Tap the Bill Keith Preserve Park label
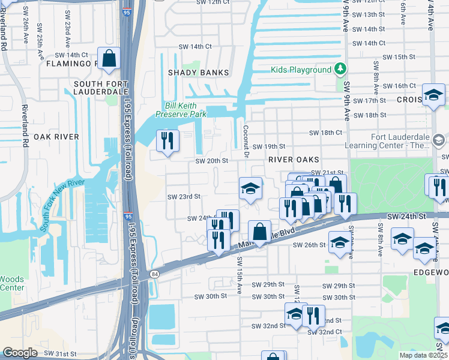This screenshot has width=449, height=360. [181, 109]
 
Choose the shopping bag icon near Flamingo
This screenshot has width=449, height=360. [109, 59]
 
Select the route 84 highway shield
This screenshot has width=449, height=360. [155, 274]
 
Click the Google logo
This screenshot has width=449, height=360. [20, 353]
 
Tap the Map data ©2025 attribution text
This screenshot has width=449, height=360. [423, 355]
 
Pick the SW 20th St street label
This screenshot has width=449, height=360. [212, 160]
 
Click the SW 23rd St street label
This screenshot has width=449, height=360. [183, 196]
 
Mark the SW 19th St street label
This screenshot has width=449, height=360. [268, 146]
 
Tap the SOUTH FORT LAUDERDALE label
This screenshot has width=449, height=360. [100, 87]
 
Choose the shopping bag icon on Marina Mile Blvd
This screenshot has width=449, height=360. [259, 231]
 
